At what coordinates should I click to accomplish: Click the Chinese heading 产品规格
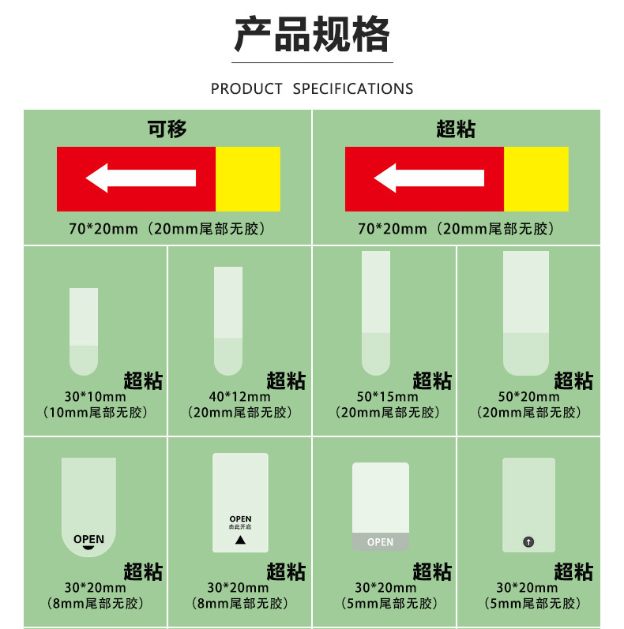(x=312, y=36)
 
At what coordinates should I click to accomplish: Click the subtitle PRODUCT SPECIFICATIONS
(x=312, y=88)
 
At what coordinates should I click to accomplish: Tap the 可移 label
(x=167, y=129)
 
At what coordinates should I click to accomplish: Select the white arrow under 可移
(x=141, y=178)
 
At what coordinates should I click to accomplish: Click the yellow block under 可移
(x=248, y=179)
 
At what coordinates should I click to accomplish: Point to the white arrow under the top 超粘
(x=429, y=178)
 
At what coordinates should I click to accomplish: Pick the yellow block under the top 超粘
(x=536, y=179)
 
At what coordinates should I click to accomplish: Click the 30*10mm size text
(x=95, y=397)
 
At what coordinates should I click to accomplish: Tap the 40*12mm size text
(x=239, y=397)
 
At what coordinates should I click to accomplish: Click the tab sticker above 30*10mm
(x=84, y=331)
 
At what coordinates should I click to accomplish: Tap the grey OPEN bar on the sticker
(x=380, y=542)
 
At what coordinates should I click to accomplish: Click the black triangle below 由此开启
(x=240, y=541)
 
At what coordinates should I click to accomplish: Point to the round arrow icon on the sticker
(x=528, y=541)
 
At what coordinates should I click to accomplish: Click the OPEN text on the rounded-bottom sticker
(x=88, y=539)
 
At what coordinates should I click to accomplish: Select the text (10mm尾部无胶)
(x=95, y=413)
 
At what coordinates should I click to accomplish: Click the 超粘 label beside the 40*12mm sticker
(x=286, y=381)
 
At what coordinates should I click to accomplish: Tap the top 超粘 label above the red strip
(x=456, y=129)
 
